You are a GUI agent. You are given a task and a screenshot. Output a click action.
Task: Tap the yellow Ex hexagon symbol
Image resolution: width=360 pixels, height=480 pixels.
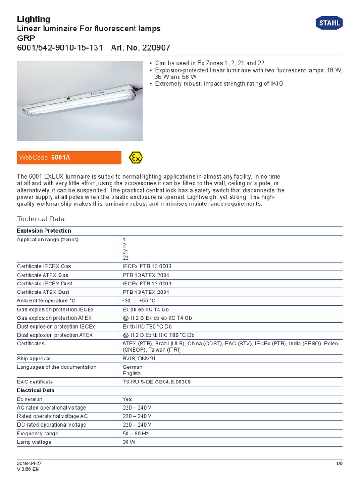pyautogui.click(x=136, y=158)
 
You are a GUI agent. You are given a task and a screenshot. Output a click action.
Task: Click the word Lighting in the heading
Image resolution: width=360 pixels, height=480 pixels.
pyautogui.click(x=34, y=19)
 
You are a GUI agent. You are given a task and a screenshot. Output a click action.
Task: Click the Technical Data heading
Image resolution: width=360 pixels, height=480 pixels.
pyautogui.click(x=41, y=219)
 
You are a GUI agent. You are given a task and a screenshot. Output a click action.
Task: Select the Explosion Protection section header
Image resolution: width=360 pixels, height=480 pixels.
pyautogui.click(x=44, y=231)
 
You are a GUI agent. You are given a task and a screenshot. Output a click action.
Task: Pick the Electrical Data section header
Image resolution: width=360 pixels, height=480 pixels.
pyautogui.click(x=36, y=390)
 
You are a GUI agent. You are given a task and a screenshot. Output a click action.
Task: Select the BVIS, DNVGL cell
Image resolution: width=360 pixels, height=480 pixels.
pyautogui.click(x=139, y=359)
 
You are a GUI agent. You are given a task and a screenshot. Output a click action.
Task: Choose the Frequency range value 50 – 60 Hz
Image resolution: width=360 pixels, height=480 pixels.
pyautogui.click(x=135, y=434)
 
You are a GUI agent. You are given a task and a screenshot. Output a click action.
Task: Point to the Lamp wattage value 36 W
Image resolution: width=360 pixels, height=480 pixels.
pyautogui.click(x=129, y=442)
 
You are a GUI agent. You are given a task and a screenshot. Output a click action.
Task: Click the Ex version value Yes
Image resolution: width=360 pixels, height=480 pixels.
pyautogui.click(x=127, y=399)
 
